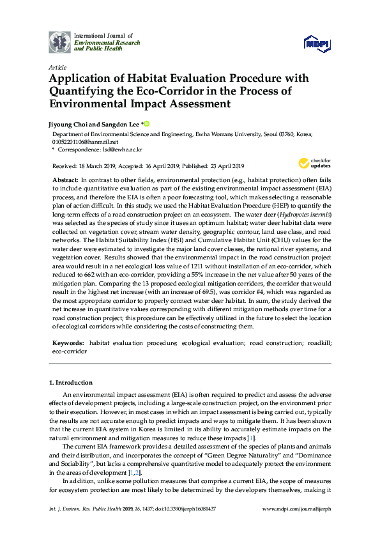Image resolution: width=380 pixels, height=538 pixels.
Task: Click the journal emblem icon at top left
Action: click(x=60, y=42)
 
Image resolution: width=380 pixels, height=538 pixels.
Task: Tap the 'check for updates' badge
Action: click(x=313, y=163)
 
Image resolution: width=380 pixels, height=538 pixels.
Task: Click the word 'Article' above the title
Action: click(x=57, y=67)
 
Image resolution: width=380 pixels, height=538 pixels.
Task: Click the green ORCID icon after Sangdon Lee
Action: click(x=146, y=124)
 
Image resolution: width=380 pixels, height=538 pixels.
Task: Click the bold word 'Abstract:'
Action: click(x=66, y=181)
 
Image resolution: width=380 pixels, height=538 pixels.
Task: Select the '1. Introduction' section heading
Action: click(x=71, y=382)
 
